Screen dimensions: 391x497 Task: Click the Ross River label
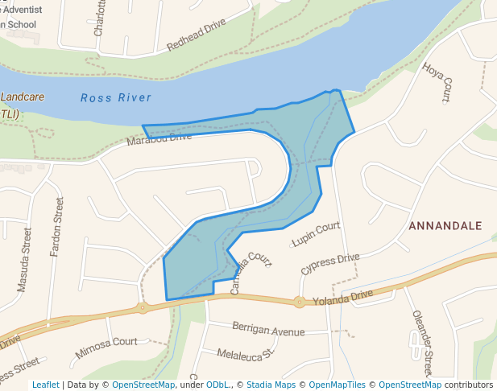[x=116, y=98]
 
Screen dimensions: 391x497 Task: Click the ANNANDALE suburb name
[x=445, y=226]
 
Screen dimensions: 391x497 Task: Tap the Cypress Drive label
[x=330, y=263]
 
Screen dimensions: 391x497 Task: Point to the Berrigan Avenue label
[x=268, y=330]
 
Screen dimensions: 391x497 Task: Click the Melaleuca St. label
[x=246, y=353]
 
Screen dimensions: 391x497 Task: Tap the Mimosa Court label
[x=106, y=348]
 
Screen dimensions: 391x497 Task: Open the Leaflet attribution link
[x=45, y=385]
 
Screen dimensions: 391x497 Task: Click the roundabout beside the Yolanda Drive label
[x=300, y=303]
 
